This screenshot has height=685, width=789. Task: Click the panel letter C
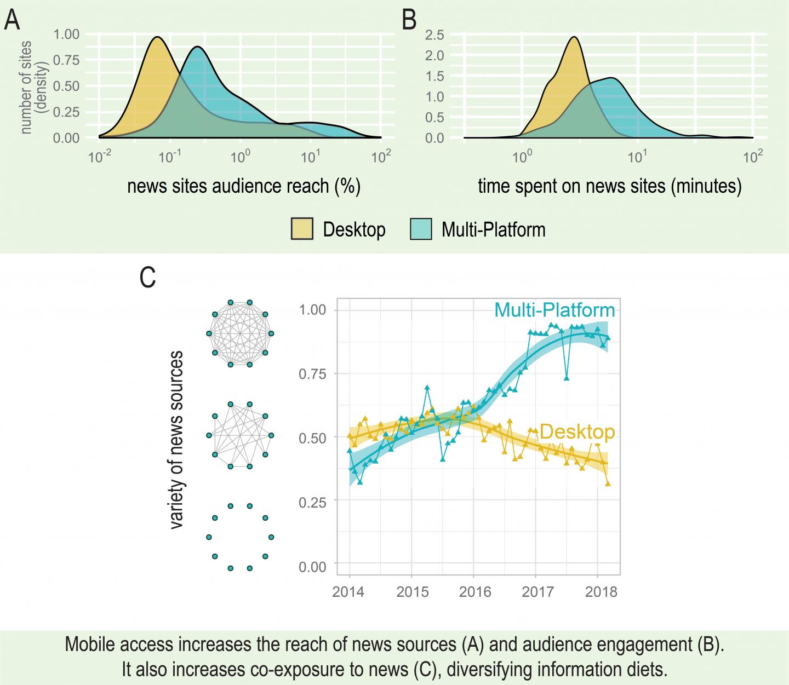148,278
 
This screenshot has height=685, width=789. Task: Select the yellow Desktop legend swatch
301,229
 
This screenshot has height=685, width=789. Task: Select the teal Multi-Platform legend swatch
421,229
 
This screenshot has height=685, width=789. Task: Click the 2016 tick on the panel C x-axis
473,592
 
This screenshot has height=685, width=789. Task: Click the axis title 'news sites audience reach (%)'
244,187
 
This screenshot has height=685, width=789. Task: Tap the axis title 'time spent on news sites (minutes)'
609,187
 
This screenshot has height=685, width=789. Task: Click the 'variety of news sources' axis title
176,440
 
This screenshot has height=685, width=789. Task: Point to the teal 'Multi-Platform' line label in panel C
554,310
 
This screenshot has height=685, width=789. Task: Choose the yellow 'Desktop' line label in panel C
577,432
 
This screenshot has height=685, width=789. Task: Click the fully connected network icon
239,333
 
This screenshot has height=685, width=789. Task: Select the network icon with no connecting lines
239,537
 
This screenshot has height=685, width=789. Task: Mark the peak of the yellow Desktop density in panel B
574,37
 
